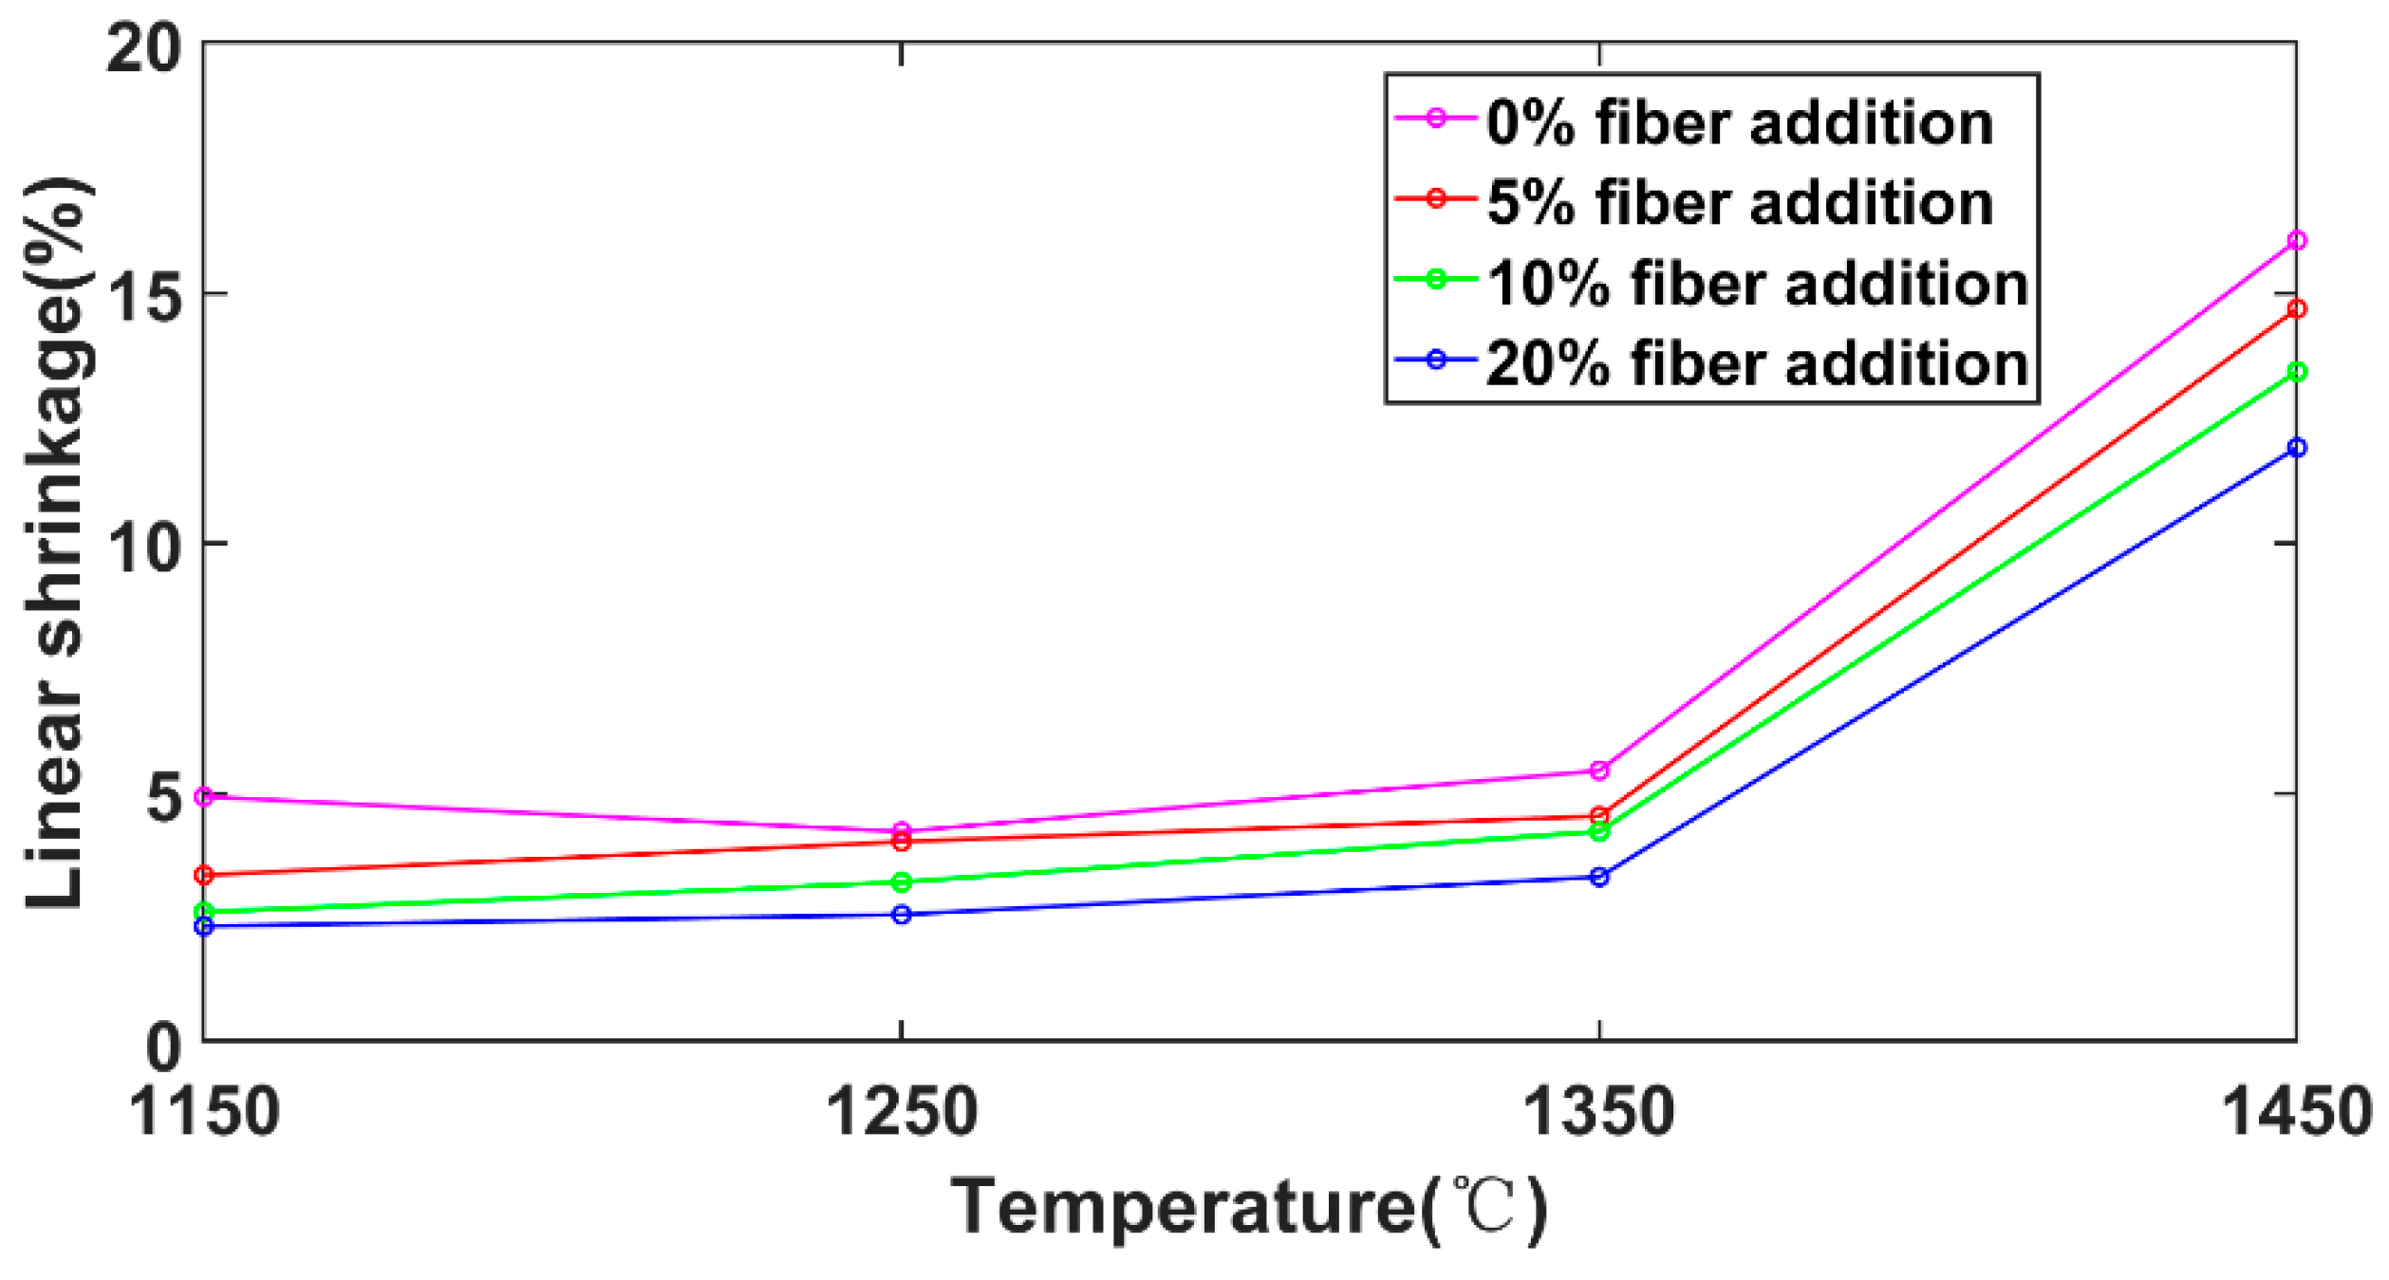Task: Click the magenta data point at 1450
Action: (2296, 241)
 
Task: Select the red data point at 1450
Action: (2296, 309)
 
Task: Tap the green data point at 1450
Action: (2296, 372)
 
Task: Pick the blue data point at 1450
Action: (2296, 448)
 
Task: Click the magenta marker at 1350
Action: (1599, 770)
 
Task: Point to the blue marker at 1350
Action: (1599, 878)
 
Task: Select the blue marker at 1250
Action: (902, 915)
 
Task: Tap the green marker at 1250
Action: (902, 882)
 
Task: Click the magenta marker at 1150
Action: (204, 797)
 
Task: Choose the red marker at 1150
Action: (204, 875)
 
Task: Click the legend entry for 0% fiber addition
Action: (1739, 123)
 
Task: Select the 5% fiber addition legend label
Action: (1739, 203)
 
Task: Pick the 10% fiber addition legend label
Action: (1757, 284)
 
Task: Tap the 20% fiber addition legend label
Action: (1757, 363)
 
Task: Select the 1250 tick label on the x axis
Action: (902, 1112)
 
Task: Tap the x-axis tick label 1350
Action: (1599, 1112)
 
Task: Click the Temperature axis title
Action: (1249, 1207)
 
